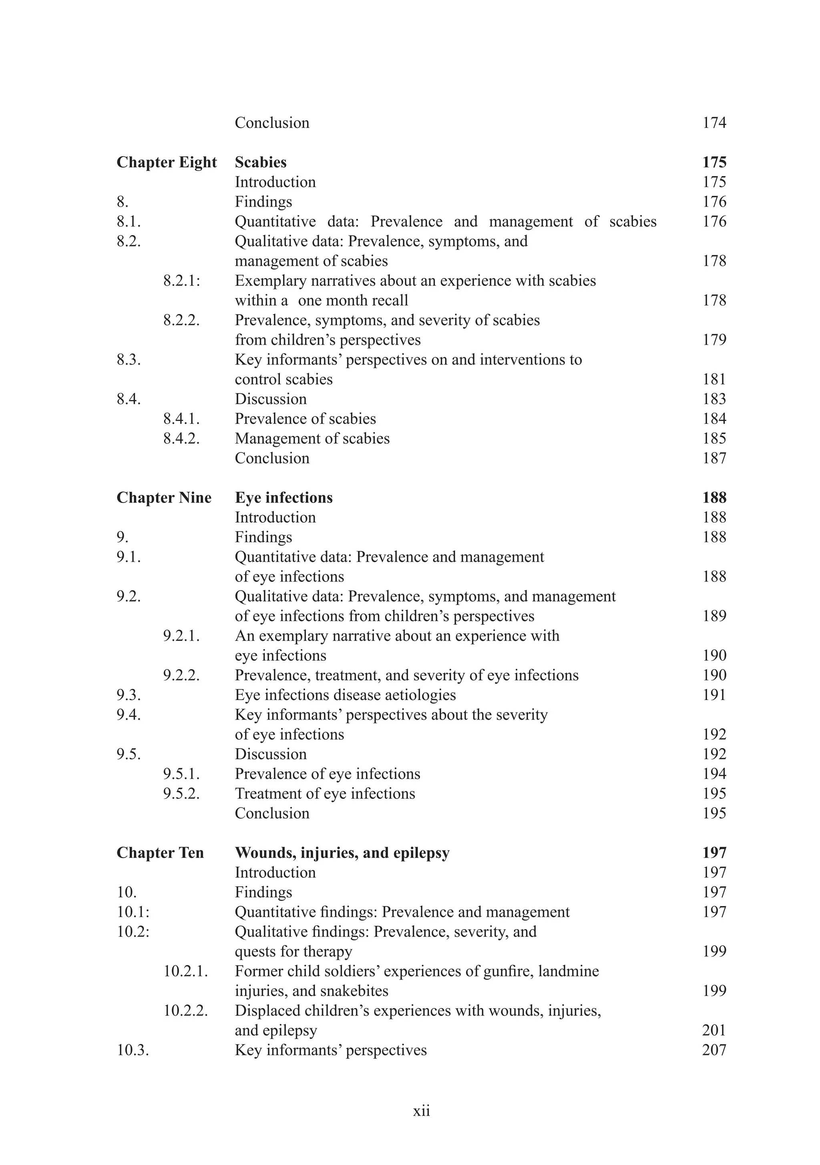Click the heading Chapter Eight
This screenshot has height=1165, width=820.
point(167,162)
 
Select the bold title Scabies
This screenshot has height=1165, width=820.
point(260,162)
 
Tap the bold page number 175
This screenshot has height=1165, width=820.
point(714,162)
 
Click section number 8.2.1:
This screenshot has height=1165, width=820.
point(182,281)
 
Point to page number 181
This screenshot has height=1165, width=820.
point(714,379)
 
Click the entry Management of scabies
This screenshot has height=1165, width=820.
point(312,439)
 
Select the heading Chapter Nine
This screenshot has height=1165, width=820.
point(164,498)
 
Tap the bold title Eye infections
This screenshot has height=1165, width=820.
point(283,498)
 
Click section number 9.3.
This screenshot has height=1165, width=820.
point(129,695)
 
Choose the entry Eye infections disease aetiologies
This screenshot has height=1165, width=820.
point(345,695)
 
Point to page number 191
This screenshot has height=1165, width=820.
point(714,695)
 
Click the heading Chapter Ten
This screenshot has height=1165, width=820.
point(160,853)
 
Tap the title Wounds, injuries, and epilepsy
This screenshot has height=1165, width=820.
point(342,853)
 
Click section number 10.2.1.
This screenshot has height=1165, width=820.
point(185,971)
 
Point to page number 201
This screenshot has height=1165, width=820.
point(714,1030)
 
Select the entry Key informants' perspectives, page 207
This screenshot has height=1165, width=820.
point(330,1050)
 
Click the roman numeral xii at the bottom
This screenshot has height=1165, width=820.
point(421,1111)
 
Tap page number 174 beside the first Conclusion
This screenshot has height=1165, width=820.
point(714,123)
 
